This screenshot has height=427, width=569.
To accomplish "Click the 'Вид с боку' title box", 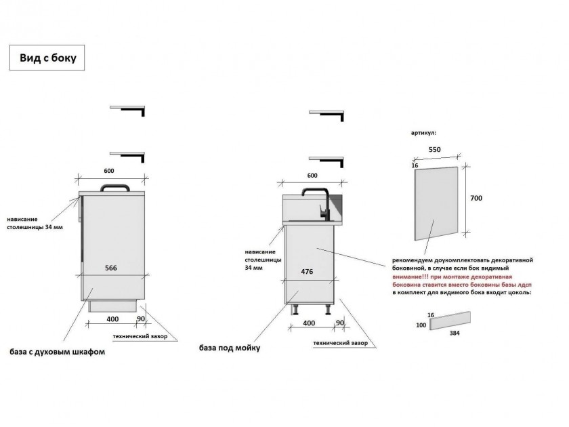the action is coord(47,58).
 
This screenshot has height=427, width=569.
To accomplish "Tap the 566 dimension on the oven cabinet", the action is coord(111,268).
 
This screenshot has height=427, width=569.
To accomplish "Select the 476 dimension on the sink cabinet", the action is coord(307,272).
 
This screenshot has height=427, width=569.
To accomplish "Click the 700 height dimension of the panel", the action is coord(476,198).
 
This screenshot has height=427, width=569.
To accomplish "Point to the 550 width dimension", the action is coord(434,149).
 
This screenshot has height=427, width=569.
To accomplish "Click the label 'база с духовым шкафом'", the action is coord(58,352).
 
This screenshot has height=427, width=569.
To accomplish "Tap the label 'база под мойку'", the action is coord(230,348).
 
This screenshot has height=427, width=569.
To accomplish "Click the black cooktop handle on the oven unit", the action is coord(115,187).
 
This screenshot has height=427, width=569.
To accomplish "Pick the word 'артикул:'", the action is coord(423,133).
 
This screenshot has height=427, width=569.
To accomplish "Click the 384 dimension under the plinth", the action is coord(455,333).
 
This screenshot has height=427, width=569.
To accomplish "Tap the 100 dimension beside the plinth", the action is coord(421,325).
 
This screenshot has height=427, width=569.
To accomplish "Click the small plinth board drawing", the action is coord(450,321).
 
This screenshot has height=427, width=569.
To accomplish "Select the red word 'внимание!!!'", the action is coord(409,277).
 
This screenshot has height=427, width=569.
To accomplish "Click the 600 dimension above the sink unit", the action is coord(312,176).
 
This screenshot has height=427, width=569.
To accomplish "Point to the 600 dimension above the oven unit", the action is coord(109,171).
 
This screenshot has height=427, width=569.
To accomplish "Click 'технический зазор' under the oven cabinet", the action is coord(140,336).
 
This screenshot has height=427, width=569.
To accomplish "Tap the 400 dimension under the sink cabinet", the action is coord(309,323).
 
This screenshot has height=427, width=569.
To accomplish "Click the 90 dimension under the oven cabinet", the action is coord(140,319).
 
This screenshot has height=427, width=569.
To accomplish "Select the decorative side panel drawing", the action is coord(436,203).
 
